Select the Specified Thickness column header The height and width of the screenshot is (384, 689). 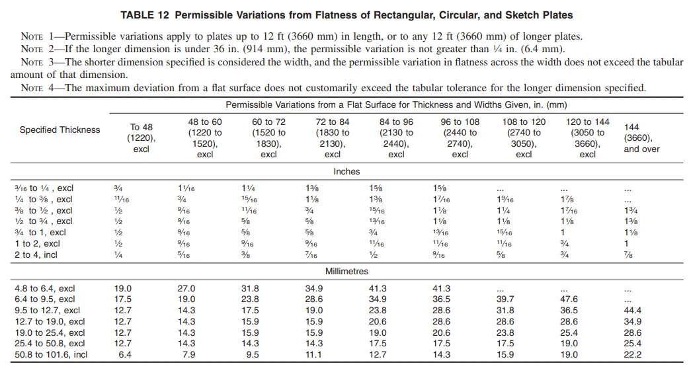(x=60, y=130)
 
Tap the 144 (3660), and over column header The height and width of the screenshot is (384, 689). (x=641, y=137)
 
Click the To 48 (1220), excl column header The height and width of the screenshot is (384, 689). (x=141, y=137)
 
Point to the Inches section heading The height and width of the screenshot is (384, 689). (x=346, y=171)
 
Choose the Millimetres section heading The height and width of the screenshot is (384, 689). (x=346, y=271)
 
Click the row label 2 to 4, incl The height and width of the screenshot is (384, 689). (x=36, y=254)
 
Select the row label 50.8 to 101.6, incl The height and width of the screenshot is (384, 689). (x=51, y=355)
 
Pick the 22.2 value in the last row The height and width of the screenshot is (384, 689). (x=632, y=355)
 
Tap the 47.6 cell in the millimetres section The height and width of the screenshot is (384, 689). (x=569, y=299)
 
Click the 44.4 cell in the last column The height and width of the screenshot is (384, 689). (x=632, y=310)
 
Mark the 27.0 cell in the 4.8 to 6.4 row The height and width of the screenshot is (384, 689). (x=186, y=288)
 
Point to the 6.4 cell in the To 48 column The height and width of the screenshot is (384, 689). (x=123, y=355)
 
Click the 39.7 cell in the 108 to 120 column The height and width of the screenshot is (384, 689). (x=505, y=299)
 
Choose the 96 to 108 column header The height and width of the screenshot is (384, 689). (x=460, y=137)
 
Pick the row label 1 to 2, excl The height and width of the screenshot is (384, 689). (x=37, y=243)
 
